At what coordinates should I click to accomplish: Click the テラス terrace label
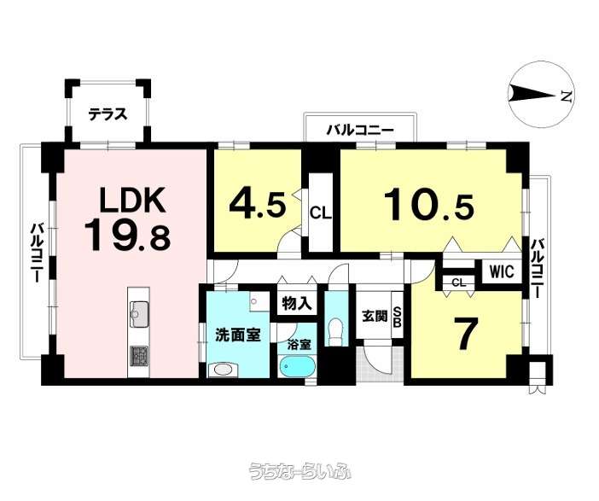click(x=108, y=114)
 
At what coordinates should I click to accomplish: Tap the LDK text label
click(x=132, y=200)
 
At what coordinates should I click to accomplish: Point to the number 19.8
click(x=127, y=236)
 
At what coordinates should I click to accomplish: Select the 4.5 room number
click(x=257, y=205)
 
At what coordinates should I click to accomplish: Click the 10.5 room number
click(x=429, y=206)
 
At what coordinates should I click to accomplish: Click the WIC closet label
click(x=501, y=271)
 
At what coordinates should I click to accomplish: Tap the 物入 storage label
click(x=297, y=304)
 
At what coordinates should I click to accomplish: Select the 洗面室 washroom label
click(x=237, y=335)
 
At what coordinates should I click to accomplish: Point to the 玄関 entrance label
click(x=375, y=316)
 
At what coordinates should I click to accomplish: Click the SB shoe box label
click(x=397, y=317)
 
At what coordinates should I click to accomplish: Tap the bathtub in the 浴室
click(x=298, y=368)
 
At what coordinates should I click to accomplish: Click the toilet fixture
click(x=336, y=330)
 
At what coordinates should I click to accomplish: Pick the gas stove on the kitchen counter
click(x=139, y=355)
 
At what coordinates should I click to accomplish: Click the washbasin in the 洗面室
click(x=223, y=370)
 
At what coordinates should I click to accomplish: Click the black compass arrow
click(x=532, y=95)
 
